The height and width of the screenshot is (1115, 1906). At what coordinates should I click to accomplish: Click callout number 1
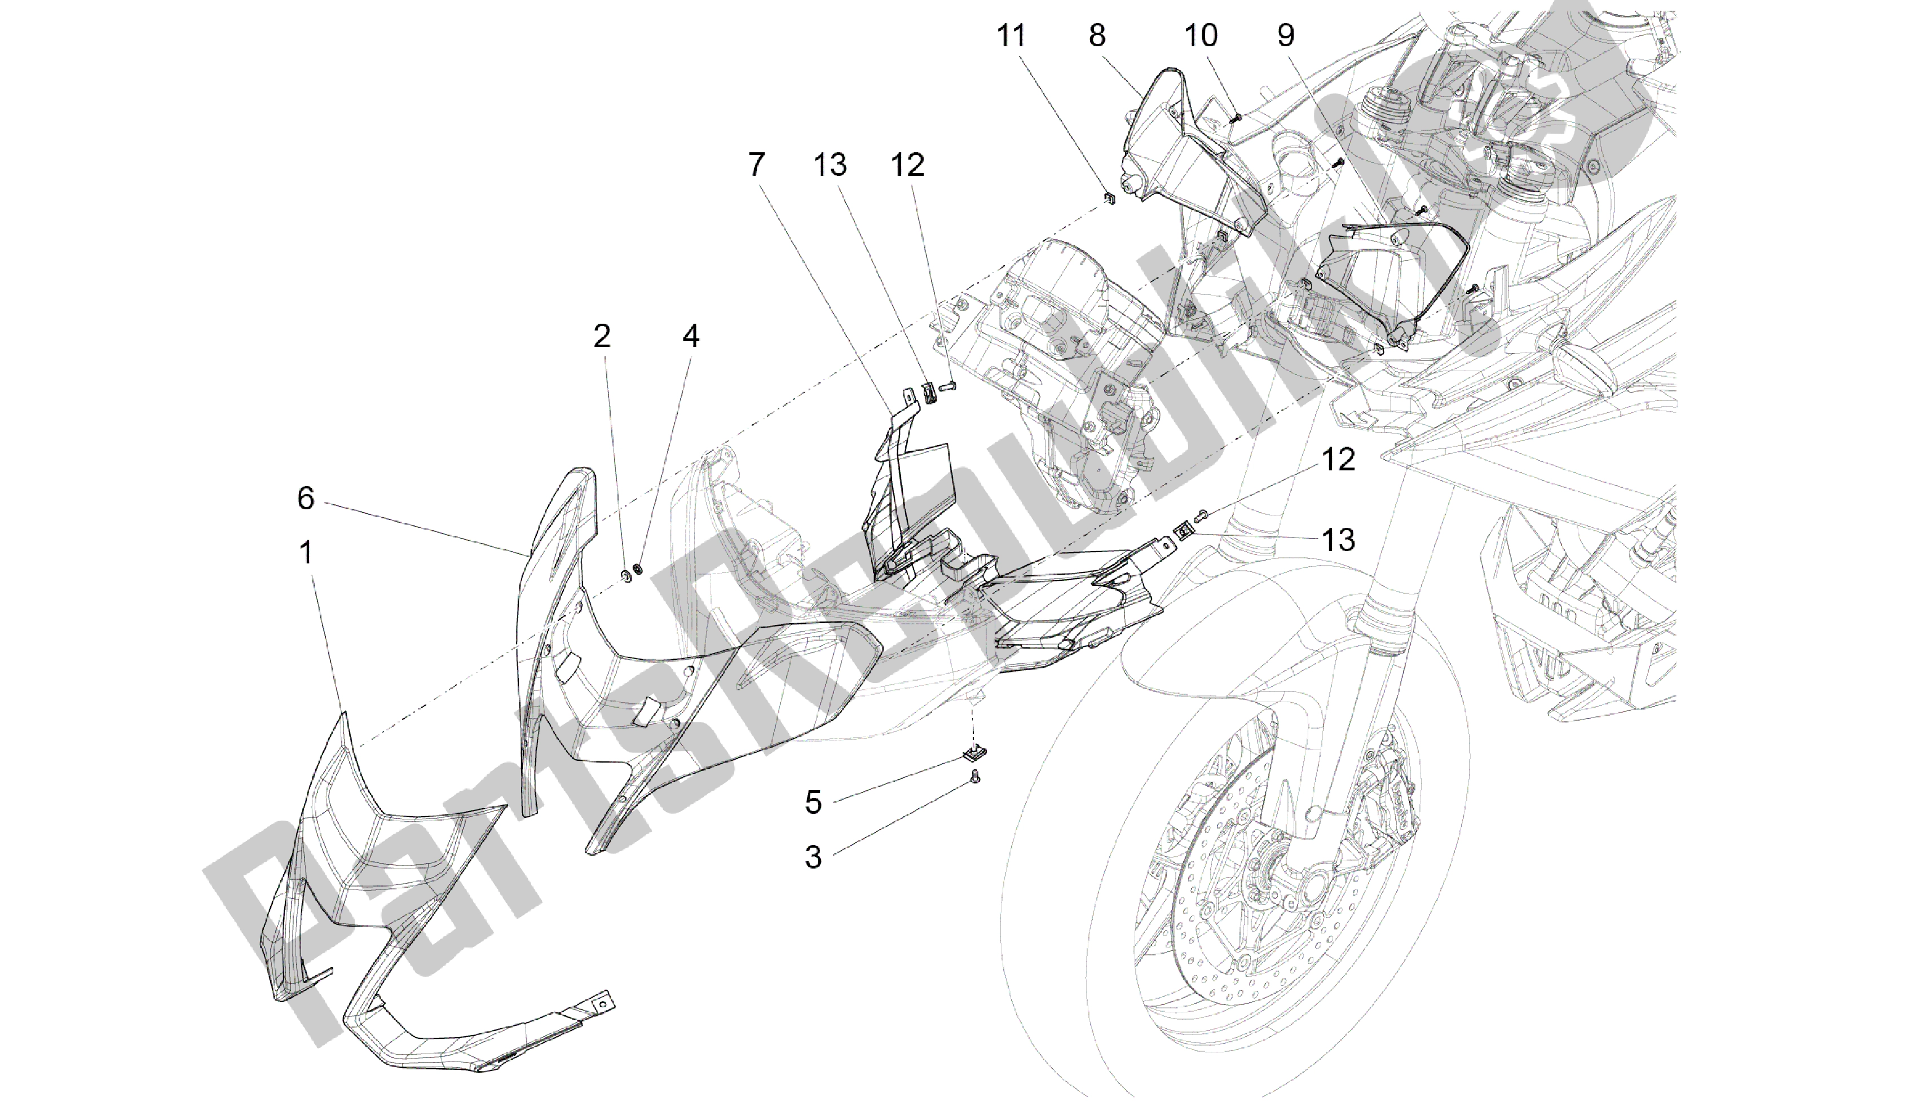[x=306, y=554]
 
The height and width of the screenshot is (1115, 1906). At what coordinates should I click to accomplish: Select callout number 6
[x=306, y=499]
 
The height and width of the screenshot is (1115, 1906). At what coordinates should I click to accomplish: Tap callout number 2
[x=602, y=337]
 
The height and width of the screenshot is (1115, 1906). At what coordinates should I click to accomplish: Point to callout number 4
[x=691, y=337]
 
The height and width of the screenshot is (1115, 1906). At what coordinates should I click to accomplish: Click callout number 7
[x=756, y=164]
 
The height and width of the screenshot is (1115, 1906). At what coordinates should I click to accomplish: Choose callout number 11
[x=1011, y=36]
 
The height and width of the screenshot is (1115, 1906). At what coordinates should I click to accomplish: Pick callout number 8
[x=1097, y=36]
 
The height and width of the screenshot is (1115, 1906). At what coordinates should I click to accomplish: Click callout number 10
[x=1201, y=36]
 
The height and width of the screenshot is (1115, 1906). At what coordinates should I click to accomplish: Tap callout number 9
[x=1286, y=36]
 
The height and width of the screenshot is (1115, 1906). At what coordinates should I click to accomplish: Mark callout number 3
[x=813, y=858]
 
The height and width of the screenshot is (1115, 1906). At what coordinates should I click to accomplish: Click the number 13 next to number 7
[x=830, y=164]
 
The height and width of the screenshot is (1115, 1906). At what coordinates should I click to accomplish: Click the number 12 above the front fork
[x=1338, y=460]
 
